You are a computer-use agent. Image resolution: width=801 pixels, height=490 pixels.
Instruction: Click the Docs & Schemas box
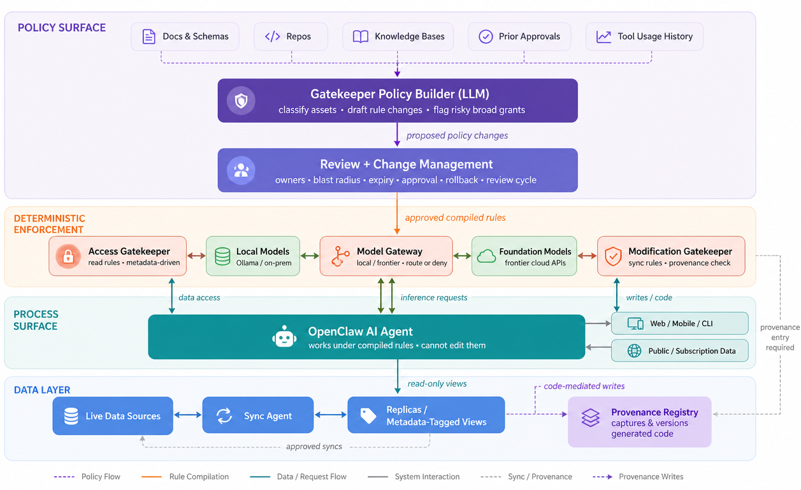(185, 36)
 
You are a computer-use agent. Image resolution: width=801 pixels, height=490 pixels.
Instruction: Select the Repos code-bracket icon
(272, 36)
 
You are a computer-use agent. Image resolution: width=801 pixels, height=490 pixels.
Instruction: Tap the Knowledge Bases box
(398, 36)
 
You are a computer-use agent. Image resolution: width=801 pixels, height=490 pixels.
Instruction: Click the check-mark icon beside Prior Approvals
(486, 36)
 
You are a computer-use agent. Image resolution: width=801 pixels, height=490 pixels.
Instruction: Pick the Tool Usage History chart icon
(603, 36)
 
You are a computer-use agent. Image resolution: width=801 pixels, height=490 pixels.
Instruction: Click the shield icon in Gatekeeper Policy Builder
(241, 101)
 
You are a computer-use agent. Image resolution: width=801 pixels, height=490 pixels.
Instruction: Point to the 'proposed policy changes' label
(457, 135)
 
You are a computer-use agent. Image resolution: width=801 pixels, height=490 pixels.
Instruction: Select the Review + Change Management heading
(406, 164)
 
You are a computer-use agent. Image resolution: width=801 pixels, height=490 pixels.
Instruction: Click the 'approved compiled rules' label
(455, 218)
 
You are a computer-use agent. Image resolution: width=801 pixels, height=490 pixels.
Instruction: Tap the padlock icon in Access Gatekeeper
(68, 256)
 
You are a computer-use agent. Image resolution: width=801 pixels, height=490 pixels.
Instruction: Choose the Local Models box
(253, 256)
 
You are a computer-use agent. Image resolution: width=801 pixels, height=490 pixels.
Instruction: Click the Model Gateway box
(386, 256)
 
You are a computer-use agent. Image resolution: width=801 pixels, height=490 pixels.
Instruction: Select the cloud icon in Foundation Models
(486, 256)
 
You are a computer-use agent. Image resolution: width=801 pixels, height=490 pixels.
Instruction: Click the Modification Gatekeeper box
(671, 256)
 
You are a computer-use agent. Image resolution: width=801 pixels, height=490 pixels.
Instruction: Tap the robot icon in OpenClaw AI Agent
(284, 336)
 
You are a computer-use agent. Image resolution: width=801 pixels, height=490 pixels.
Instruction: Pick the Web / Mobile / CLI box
(680, 323)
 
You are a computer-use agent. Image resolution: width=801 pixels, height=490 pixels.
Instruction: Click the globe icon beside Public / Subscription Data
(634, 351)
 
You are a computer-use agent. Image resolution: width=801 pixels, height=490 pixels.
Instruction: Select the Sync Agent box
(258, 415)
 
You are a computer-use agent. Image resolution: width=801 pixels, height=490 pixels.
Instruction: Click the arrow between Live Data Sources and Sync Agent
(188, 415)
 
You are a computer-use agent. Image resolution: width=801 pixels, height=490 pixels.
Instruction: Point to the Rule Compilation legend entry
(185, 477)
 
